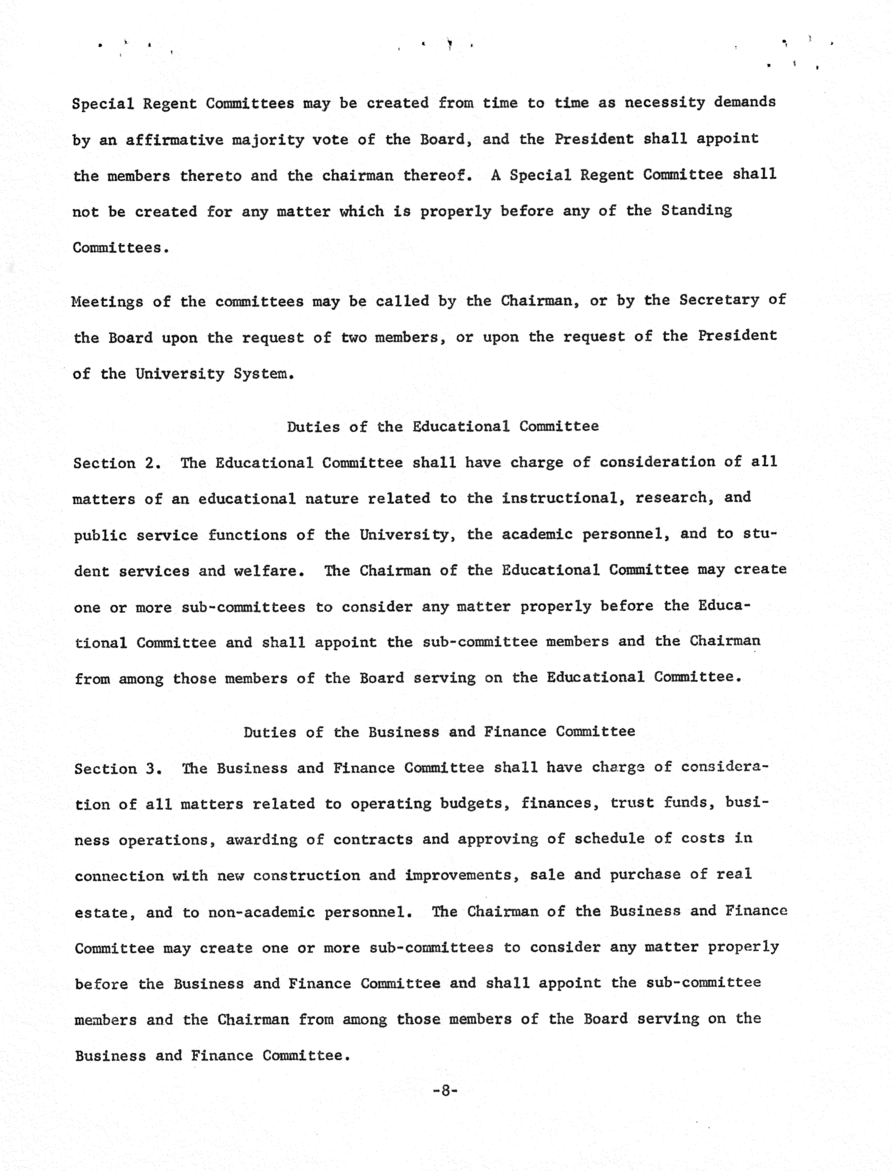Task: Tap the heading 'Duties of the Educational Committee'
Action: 443,427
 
